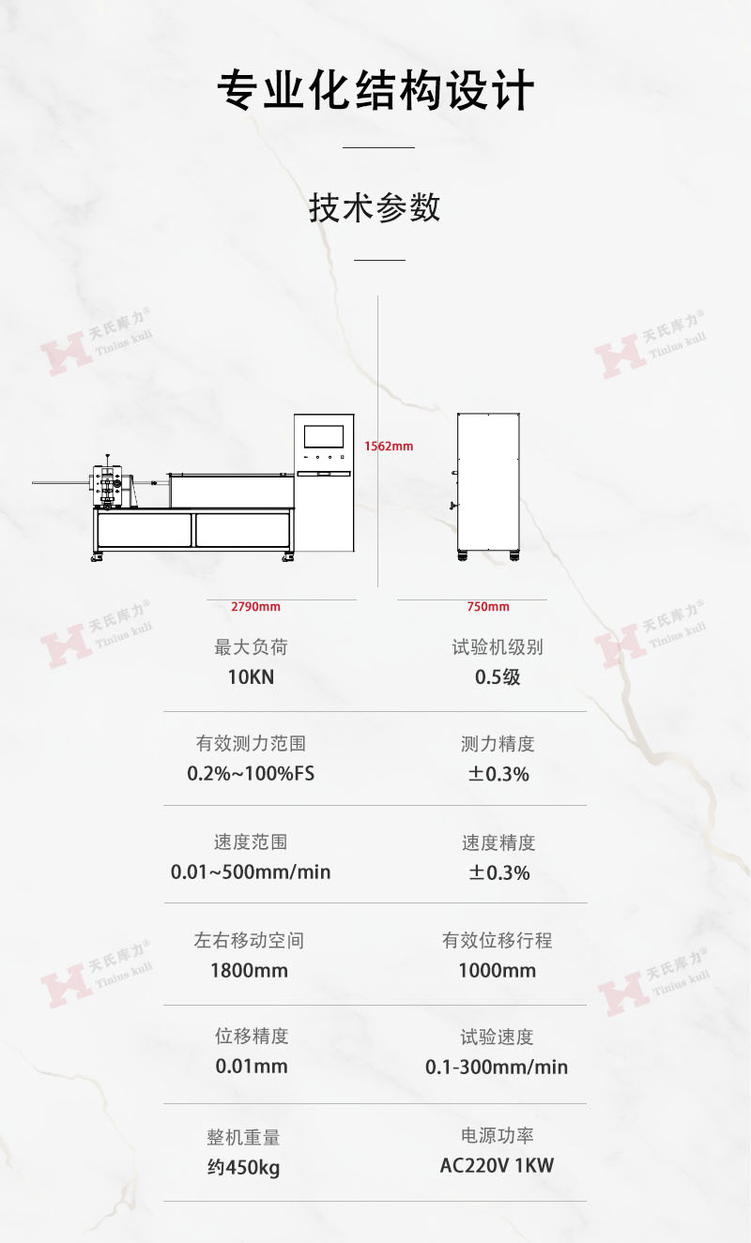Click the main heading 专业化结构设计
point(375,92)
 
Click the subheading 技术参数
point(375,207)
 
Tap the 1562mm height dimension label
point(389,447)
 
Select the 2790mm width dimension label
point(255,607)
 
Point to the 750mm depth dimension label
point(488,607)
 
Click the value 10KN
point(251,676)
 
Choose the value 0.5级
point(498,676)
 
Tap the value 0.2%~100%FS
point(251,774)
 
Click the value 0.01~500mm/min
point(251,872)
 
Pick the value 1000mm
point(498,970)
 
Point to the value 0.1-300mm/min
point(497,1067)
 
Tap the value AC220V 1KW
point(498,1166)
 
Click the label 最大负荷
point(251,647)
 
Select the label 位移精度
point(252,1036)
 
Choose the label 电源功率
point(498,1136)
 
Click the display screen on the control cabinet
point(324,435)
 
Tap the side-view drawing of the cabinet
point(487,484)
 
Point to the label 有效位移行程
point(498,940)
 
